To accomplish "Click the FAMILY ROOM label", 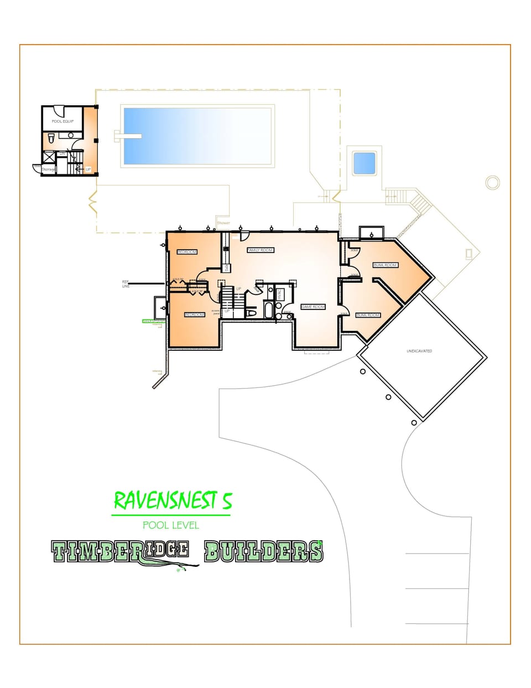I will (x=260, y=250).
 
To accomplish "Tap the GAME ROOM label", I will (x=313, y=307).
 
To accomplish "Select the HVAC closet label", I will (x=280, y=294).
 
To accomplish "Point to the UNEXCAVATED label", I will (x=419, y=351).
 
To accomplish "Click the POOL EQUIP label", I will (x=63, y=121).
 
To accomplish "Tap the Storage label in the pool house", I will (x=49, y=169).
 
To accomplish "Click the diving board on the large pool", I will (x=127, y=136).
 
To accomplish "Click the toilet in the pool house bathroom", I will (x=50, y=137).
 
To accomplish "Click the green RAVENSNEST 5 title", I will (x=173, y=501).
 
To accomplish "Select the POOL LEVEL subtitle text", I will (x=170, y=525).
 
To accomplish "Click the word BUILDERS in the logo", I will (x=263, y=552).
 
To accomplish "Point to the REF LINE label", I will (x=126, y=284).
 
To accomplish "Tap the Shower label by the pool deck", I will (x=223, y=223).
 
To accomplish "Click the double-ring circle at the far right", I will (x=492, y=182).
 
